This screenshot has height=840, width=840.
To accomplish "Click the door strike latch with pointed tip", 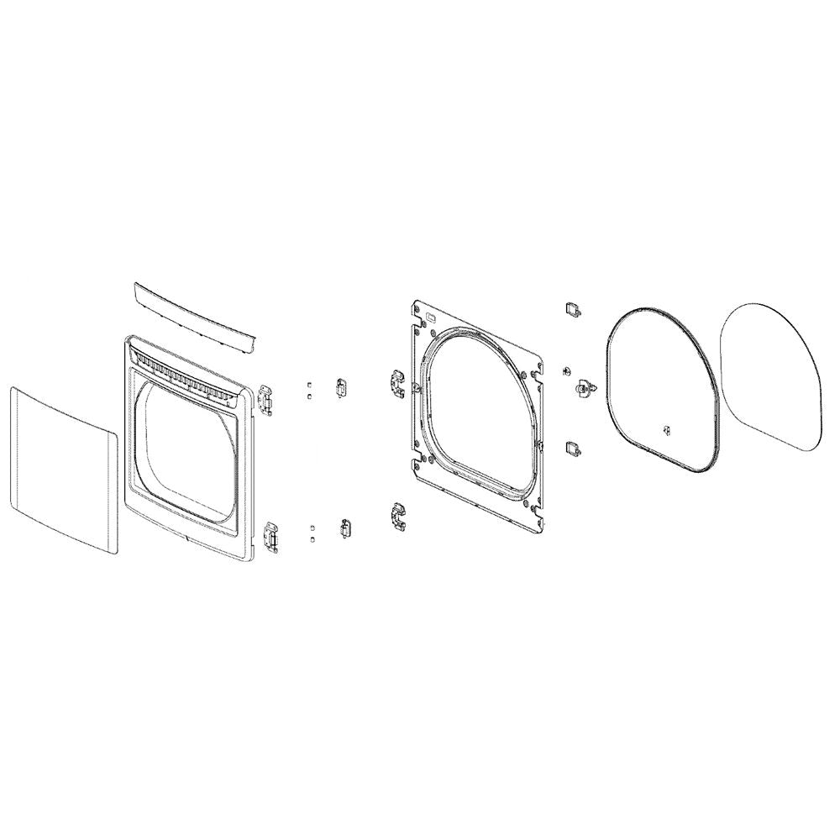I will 583,388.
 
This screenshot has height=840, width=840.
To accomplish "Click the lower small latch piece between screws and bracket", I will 345,528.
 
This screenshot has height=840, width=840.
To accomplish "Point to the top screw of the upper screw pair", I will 310,383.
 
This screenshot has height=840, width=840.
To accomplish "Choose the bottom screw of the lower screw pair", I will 312,537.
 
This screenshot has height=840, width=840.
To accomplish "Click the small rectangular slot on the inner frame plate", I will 431,318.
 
